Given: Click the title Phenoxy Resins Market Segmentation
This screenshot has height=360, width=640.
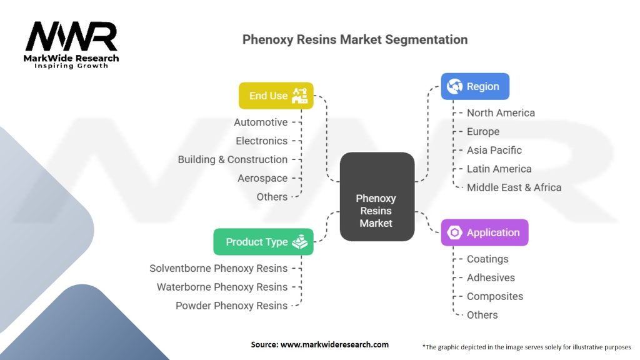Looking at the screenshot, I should pyautogui.click(x=355, y=39).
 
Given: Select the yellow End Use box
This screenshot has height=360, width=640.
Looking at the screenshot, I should pyautogui.click(x=276, y=96).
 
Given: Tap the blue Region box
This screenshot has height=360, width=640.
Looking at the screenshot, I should pyautogui.click(x=475, y=86).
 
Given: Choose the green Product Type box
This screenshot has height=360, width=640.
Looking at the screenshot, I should pyautogui.click(x=263, y=242).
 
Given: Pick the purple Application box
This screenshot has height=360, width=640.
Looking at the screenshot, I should pyautogui.click(x=484, y=232).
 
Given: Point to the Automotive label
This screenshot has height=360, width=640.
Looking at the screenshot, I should pyautogui.click(x=261, y=122).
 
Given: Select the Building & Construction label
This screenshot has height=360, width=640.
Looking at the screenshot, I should pyautogui.click(x=232, y=159).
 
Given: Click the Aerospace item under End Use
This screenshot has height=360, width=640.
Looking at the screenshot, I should pyautogui.click(x=262, y=178).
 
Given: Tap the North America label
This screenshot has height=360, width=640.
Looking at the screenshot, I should pyautogui.click(x=501, y=112).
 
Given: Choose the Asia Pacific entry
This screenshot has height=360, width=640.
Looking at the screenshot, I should pyautogui.click(x=494, y=150).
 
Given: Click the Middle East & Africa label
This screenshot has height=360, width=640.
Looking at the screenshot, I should pyautogui.click(x=514, y=187).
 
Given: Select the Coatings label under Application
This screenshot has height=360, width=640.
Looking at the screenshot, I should pyautogui.click(x=487, y=259).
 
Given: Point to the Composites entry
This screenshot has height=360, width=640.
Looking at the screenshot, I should pyautogui.click(x=494, y=296).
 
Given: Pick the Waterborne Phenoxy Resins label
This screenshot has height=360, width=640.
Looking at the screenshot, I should pyautogui.click(x=222, y=287).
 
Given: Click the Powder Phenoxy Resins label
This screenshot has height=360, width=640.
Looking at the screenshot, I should pyautogui.click(x=231, y=306).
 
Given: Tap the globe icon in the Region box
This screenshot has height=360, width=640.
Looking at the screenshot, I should pyautogui.click(x=455, y=86).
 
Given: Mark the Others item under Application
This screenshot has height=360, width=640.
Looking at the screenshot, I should pyautogui.click(x=482, y=315).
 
